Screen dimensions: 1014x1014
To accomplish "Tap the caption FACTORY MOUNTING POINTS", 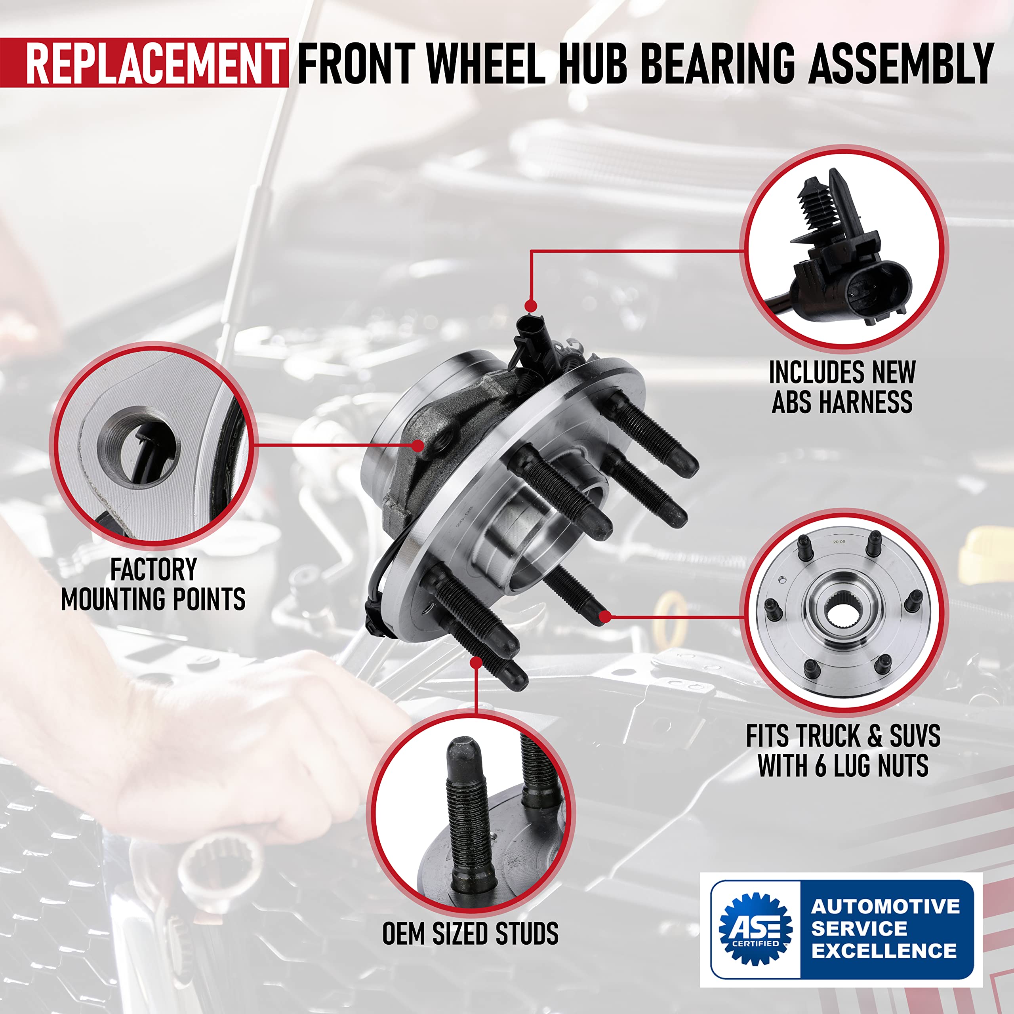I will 153,585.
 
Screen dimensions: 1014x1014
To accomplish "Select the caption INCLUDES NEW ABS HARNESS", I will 842,387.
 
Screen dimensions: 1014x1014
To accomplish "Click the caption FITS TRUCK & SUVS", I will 843,736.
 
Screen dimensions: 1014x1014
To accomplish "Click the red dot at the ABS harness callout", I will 531,305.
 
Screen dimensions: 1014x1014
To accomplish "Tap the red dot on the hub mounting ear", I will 418,446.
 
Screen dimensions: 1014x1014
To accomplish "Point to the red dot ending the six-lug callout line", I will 604,617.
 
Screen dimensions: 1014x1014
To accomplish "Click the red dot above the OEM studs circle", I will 476,662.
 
